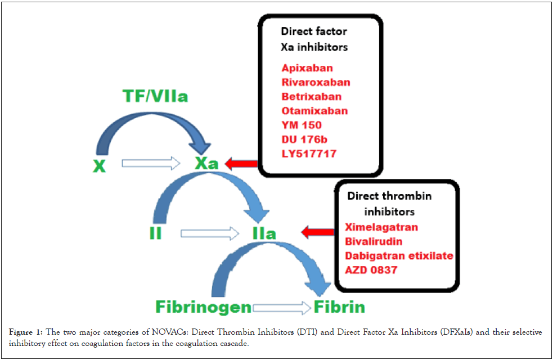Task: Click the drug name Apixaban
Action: coord(307,68)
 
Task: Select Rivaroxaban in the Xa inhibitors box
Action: coord(316,82)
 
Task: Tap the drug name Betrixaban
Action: coord(311,96)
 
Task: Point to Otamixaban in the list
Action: coord(314,111)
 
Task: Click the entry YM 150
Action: coord(302,125)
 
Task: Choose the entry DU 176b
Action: coord(304,139)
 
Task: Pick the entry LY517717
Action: coord(309,153)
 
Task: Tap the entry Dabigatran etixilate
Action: coord(399,255)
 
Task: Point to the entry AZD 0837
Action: coord(371,270)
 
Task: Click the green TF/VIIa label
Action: coord(155,97)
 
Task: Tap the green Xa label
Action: coord(206,164)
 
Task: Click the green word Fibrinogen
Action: coord(204,307)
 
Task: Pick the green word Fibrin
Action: coord(340,307)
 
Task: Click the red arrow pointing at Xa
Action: coord(241,164)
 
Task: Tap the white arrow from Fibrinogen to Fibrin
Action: coord(281,308)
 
